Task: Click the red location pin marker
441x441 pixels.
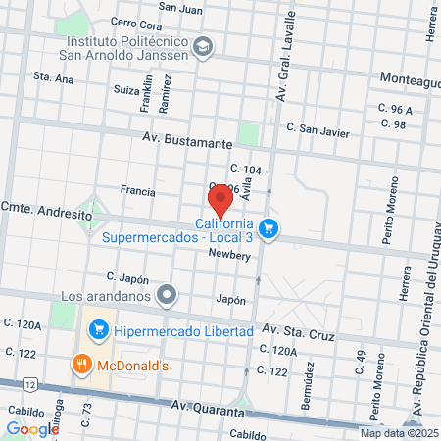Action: pos(220,200)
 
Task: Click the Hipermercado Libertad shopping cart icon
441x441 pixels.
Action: pos(97,331)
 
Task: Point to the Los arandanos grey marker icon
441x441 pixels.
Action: pos(169,293)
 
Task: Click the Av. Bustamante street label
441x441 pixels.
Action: pos(186,142)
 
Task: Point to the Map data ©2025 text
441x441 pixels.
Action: pos(400,433)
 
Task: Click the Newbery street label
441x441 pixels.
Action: pos(229,255)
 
